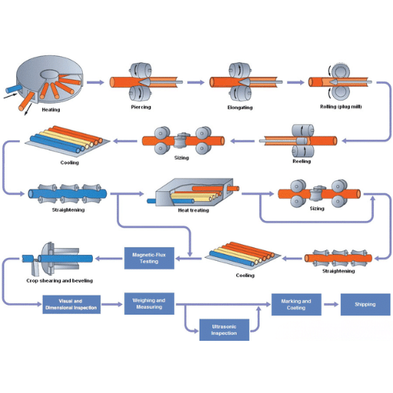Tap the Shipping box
pyautogui.click(x=365, y=305)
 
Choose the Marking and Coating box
pyautogui.click(x=296, y=305)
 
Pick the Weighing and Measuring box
pyautogui.click(x=150, y=303)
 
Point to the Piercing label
pyautogui.click(x=141, y=107)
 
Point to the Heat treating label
pyautogui.click(x=193, y=210)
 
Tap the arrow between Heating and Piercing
pyautogui.click(x=95, y=81)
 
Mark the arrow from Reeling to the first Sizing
pyautogui.click(x=243, y=140)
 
